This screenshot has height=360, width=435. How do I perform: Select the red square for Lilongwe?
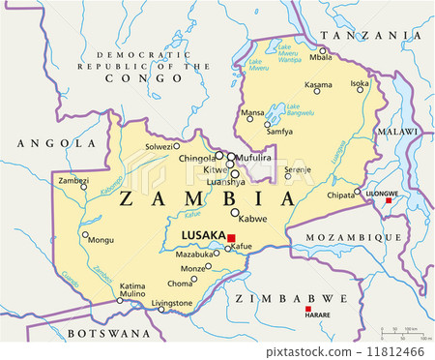coord(389,201)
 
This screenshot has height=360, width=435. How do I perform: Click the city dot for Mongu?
coord(85,234)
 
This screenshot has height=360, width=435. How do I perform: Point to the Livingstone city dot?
coord(161,309)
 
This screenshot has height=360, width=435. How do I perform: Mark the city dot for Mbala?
coord(323,49)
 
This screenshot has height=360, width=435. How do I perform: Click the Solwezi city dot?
coord(176,146)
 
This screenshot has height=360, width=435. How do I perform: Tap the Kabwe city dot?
coord(234,212)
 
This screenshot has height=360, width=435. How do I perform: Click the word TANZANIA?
coord(362,35)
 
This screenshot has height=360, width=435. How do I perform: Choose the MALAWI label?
coord(397,130)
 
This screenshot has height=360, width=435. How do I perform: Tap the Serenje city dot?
coord(288,176)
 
